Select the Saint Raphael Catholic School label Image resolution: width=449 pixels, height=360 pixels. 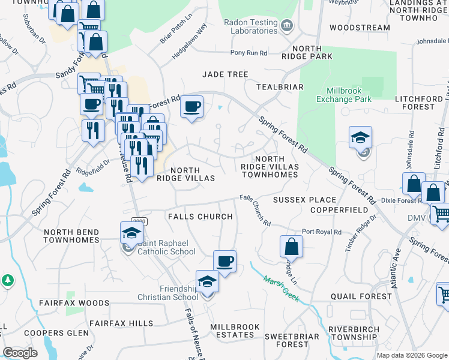(167, 247)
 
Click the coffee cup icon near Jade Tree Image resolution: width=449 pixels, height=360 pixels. (191, 107)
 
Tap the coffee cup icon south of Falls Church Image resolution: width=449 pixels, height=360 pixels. (224, 261)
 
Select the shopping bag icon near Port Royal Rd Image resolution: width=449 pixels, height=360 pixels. (291, 246)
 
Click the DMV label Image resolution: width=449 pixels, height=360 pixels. (416, 218)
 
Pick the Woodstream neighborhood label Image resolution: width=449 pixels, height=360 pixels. (360, 28)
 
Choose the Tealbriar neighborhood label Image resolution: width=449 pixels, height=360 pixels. (280, 87)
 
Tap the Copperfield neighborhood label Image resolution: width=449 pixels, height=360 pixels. (339, 210)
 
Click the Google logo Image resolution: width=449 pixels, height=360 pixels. (20, 353)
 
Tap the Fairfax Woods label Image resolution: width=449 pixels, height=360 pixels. (65, 304)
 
